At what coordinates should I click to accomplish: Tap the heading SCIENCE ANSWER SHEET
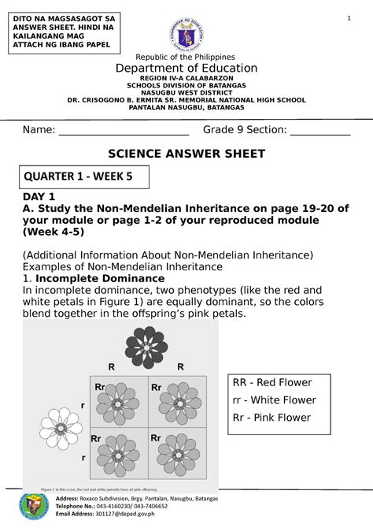[x=186, y=153]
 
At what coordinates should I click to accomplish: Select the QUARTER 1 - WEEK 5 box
[x=78, y=177]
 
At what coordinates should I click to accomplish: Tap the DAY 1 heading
[x=39, y=196]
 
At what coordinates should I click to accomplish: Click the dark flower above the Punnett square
[x=146, y=347]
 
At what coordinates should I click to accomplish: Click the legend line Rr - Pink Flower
[x=271, y=418]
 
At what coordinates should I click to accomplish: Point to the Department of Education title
[x=186, y=69]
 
